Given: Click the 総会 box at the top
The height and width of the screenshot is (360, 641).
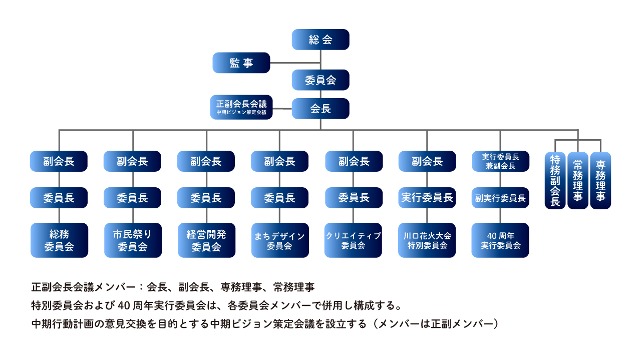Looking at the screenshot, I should click(320, 40).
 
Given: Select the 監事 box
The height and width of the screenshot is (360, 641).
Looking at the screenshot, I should click(241, 63).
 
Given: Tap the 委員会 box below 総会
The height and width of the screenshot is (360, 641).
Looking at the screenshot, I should click(320, 80).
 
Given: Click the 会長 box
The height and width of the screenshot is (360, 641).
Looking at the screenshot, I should click(320, 109).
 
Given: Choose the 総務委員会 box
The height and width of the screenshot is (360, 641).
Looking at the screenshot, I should click(59, 240).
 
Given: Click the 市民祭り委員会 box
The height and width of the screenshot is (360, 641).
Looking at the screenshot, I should click(133, 240).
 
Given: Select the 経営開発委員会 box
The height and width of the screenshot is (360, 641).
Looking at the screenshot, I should click(206, 240).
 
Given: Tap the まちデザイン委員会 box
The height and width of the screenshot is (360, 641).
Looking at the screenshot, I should click(280, 240).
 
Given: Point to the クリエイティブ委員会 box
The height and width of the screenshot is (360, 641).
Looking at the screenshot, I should click(354, 240).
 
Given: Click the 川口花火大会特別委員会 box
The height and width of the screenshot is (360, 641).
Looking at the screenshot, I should click(427, 240).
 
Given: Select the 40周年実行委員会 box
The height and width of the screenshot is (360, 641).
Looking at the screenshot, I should click(500, 240).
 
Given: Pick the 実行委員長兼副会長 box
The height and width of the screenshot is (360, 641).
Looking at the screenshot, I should click(500, 161).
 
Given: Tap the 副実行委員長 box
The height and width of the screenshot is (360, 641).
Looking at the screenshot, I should click(500, 198).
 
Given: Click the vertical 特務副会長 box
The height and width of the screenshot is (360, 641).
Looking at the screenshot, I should click(555, 180).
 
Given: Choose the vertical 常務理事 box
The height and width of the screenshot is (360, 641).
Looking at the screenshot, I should click(578, 180).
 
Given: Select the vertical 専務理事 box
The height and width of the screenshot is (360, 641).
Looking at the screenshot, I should click(600, 180).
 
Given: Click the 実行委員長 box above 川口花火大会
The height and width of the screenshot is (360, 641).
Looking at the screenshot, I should click(427, 198).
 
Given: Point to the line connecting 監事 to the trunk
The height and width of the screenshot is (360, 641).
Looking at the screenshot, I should click(295, 63).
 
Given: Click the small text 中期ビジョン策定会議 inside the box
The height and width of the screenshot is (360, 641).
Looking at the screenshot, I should click(241, 113).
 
